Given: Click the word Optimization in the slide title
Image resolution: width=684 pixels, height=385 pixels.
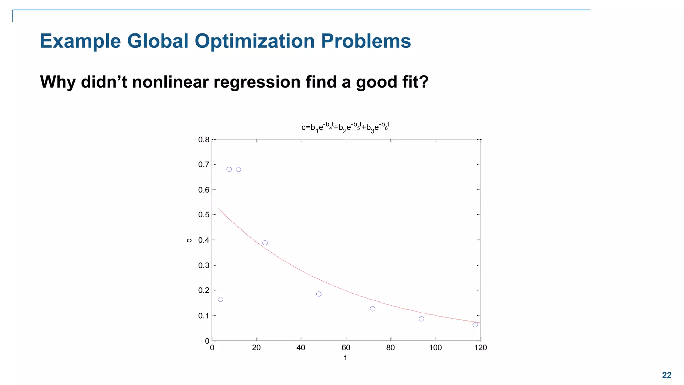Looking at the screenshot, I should pos(255,41).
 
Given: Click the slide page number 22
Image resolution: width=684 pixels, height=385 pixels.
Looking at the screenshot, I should pos(666,375).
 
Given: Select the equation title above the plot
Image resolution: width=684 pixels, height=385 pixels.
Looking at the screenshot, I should pos(345,127).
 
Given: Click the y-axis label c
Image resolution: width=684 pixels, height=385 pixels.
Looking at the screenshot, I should pos(189,240).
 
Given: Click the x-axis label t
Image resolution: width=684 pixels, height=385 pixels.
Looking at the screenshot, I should pos(345,358).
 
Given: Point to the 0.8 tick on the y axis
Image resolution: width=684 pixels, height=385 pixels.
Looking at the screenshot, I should pos(203,140).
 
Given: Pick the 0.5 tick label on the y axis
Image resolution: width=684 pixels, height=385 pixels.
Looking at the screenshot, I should pos(203,215).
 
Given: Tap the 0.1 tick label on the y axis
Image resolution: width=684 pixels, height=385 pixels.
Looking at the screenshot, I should pos(203,316).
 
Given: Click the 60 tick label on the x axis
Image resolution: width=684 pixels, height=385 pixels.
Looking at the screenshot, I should pos(346,348).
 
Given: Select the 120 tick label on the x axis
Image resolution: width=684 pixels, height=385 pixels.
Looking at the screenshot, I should pos(480,348).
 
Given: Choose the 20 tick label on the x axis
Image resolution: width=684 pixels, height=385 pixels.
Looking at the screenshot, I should pos(256,348).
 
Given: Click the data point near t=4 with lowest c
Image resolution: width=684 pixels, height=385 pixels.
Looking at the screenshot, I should pos(220,299).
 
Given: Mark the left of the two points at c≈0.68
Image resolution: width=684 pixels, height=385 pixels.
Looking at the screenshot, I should pos(229,169).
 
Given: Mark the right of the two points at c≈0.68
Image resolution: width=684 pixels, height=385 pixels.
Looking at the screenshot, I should pos(238,169).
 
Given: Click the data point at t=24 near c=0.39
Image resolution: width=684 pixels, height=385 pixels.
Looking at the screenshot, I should pos(265,243).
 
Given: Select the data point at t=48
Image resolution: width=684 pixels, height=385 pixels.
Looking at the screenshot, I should pos(319,294).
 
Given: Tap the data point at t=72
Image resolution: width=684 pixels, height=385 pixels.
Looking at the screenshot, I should pos(372,309).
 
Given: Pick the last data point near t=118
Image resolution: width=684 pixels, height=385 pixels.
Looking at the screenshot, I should pos(475,325).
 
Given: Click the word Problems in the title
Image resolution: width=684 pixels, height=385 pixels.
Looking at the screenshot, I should pos(366,41).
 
